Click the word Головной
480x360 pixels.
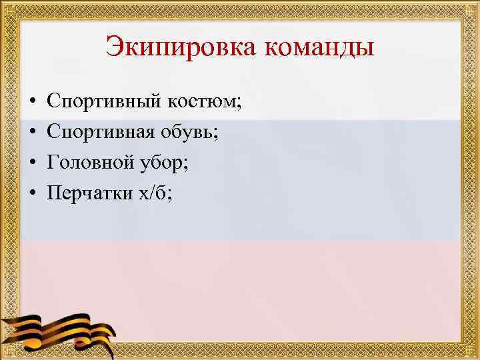click(x=89, y=163)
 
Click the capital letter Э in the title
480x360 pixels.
click(x=114, y=48)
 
